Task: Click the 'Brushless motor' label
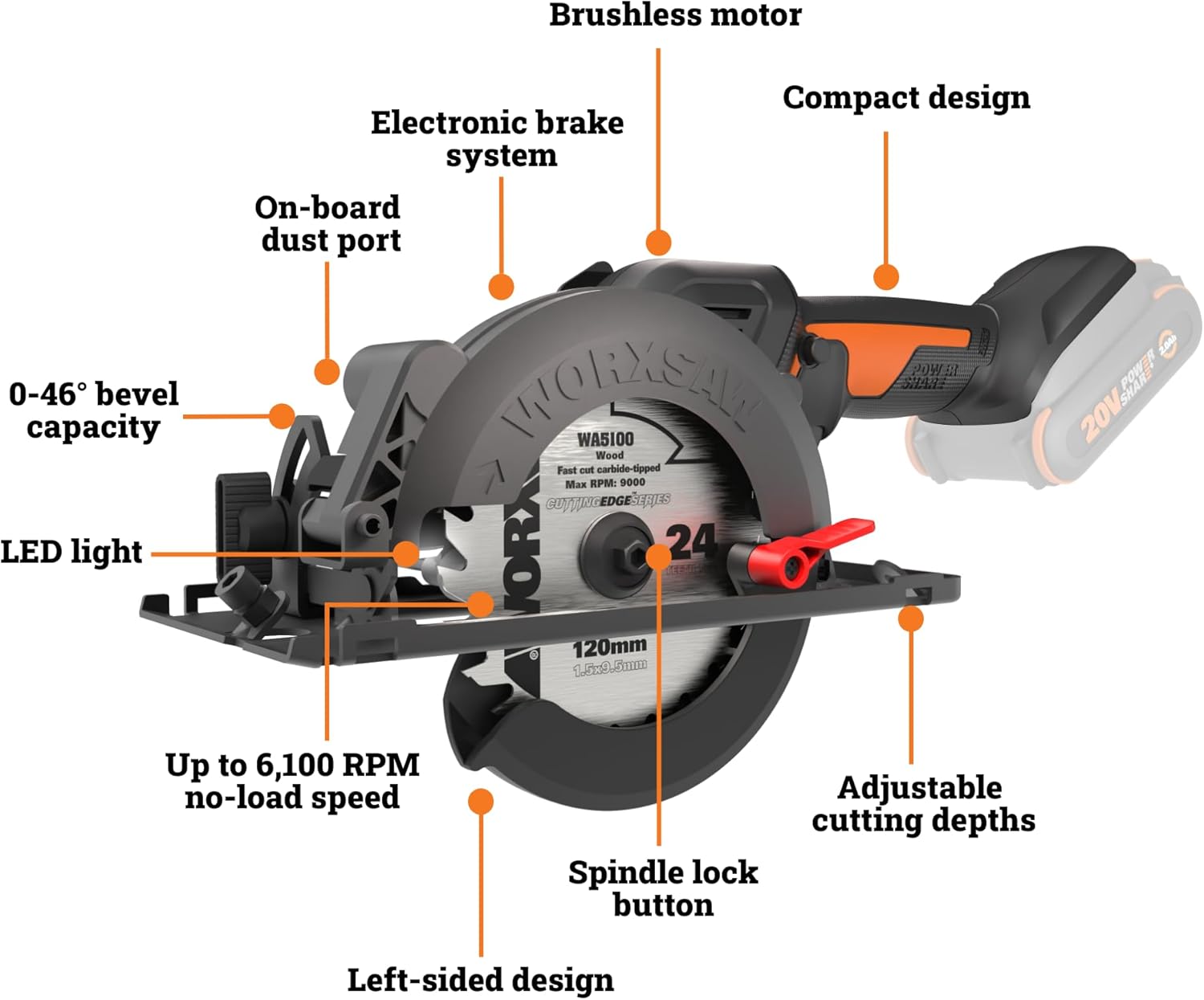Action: [675, 15]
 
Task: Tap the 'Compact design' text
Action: [906, 98]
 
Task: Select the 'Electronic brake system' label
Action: [498, 139]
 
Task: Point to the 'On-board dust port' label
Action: [328, 224]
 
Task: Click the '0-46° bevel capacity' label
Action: [93, 410]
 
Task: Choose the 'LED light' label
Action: [71, 553]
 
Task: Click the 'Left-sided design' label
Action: [480, 980]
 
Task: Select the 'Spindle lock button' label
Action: [663, 888]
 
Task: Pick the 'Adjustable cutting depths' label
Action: [922, 804]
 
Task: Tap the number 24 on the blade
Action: [691, 542]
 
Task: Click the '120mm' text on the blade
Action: [609, 647]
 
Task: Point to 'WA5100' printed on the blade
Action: [605, 439]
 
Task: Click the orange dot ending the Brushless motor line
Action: [658, 242]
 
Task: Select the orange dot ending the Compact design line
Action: [885, 276]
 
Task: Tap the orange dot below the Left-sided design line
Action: [481, 801]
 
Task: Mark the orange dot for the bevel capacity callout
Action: [282, 415]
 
